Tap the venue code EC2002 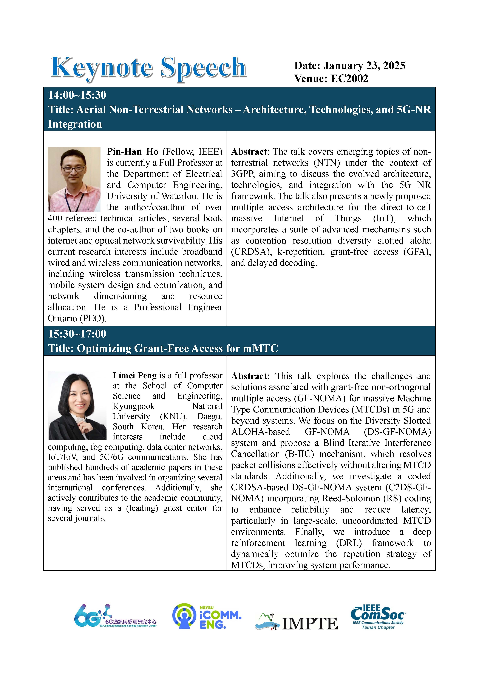349,79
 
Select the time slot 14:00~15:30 77,95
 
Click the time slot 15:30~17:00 77,334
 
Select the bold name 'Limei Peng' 134,376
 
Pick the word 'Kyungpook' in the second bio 134,406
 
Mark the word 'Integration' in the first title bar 75,124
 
